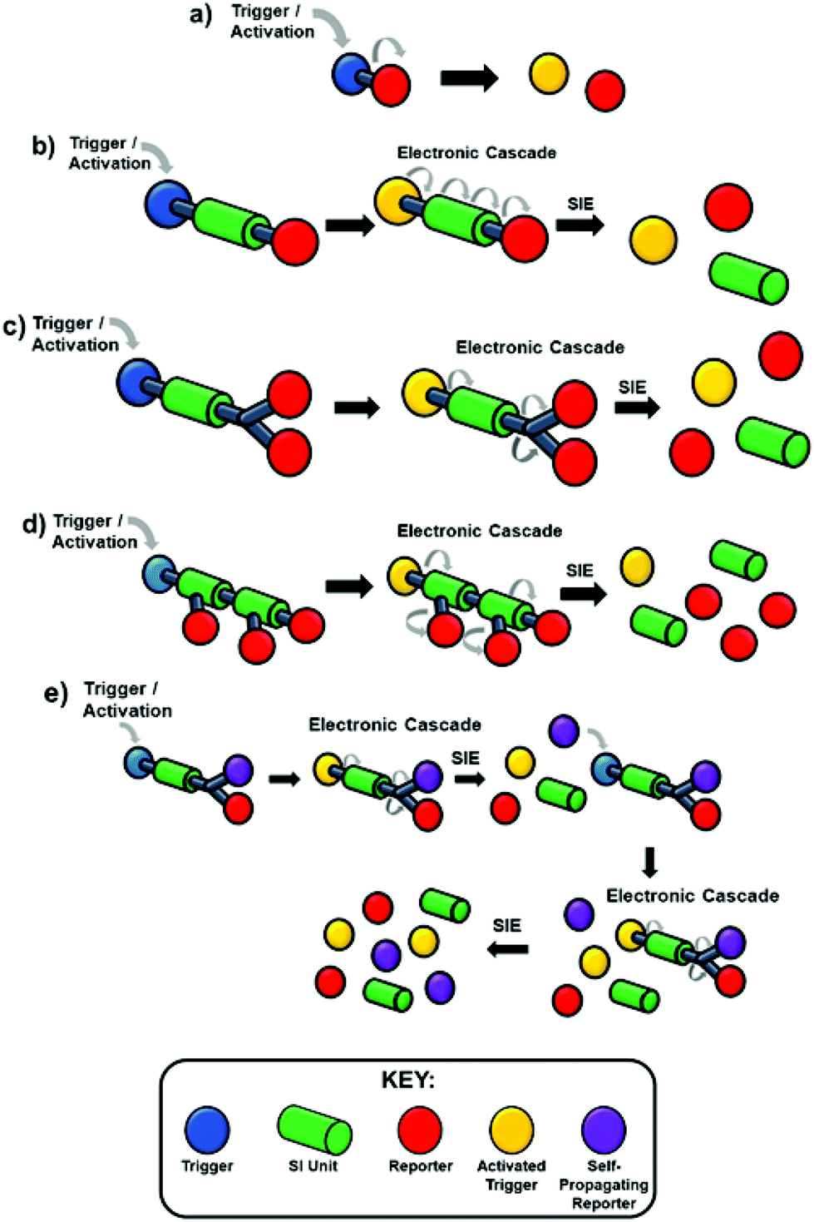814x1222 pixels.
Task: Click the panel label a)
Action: click(200, 15)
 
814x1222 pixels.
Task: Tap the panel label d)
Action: click(33, 526)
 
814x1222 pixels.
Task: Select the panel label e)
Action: click(55, 693)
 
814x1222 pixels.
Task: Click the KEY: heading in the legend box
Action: click(407, 1080)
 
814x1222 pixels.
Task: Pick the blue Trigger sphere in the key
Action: click(206, 1129)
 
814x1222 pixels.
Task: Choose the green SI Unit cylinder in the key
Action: click(314, 1129)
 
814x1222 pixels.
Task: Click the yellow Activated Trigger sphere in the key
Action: click(511, 1129)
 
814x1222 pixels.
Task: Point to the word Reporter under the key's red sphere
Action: click(420, 1166)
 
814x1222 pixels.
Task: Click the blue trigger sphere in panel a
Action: click(351, 72)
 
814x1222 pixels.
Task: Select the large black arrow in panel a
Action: click(469, 79)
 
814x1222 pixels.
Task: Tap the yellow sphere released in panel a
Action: click(549, 73)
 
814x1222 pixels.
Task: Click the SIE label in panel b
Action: click(580, 204)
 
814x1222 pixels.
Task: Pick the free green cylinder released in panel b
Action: click(748, 278)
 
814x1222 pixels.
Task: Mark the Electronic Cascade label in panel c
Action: click(540, 348)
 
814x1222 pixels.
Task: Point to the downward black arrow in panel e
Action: click(650, 862)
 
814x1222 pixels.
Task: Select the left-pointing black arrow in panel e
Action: click(507, 948)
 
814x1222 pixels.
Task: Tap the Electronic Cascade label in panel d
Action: click(479, 531)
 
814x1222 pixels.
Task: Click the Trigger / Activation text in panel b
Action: click(110, 154)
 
